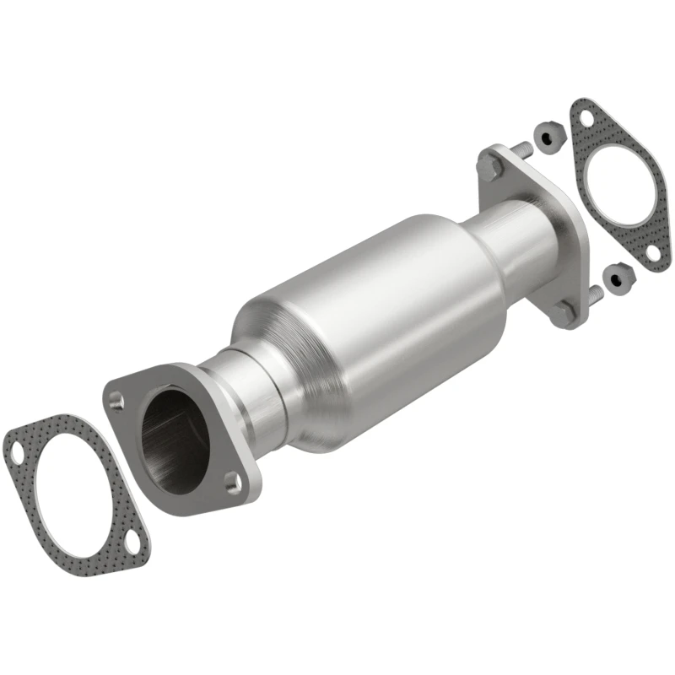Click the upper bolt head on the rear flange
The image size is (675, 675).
(x=487, y=166)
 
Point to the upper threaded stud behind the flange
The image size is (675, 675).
(x=521, y=149)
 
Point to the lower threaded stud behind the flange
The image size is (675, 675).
(x=594, y=294)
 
